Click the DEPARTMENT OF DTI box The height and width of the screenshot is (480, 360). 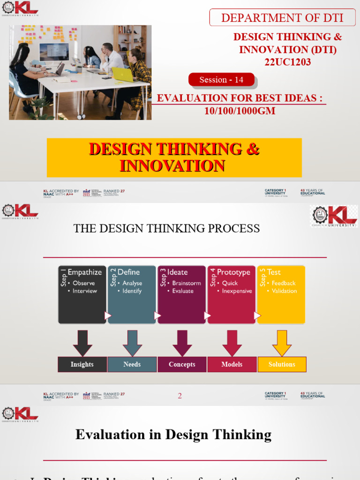point(282,18)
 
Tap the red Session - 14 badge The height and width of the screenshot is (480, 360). point(221,80)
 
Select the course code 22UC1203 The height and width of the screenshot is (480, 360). point(287,62)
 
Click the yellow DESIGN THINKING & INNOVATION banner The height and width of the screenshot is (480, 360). point(174,157)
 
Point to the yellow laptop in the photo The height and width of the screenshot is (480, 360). point(123,75)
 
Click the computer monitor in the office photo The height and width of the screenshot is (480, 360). point(54,52)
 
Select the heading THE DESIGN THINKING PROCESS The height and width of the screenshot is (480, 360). point(166,228)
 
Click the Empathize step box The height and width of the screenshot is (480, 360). point(82,294)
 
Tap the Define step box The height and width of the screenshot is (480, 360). point(132,294)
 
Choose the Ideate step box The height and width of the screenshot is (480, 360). point(181,294)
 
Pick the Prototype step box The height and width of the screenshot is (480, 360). point(232,294)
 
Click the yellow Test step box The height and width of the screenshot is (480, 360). point(281,294)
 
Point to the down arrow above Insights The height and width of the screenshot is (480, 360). point(82,343)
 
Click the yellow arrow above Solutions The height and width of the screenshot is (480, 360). point(282,343)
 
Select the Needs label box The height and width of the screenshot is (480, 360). point(132,364)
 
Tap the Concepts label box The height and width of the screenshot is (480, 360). point(182,364)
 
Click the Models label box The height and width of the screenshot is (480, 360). point(232,364)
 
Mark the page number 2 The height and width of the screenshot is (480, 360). point(180,396)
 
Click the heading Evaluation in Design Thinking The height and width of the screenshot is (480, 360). point(173,435)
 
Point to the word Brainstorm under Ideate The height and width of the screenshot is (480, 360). point(187,283)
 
